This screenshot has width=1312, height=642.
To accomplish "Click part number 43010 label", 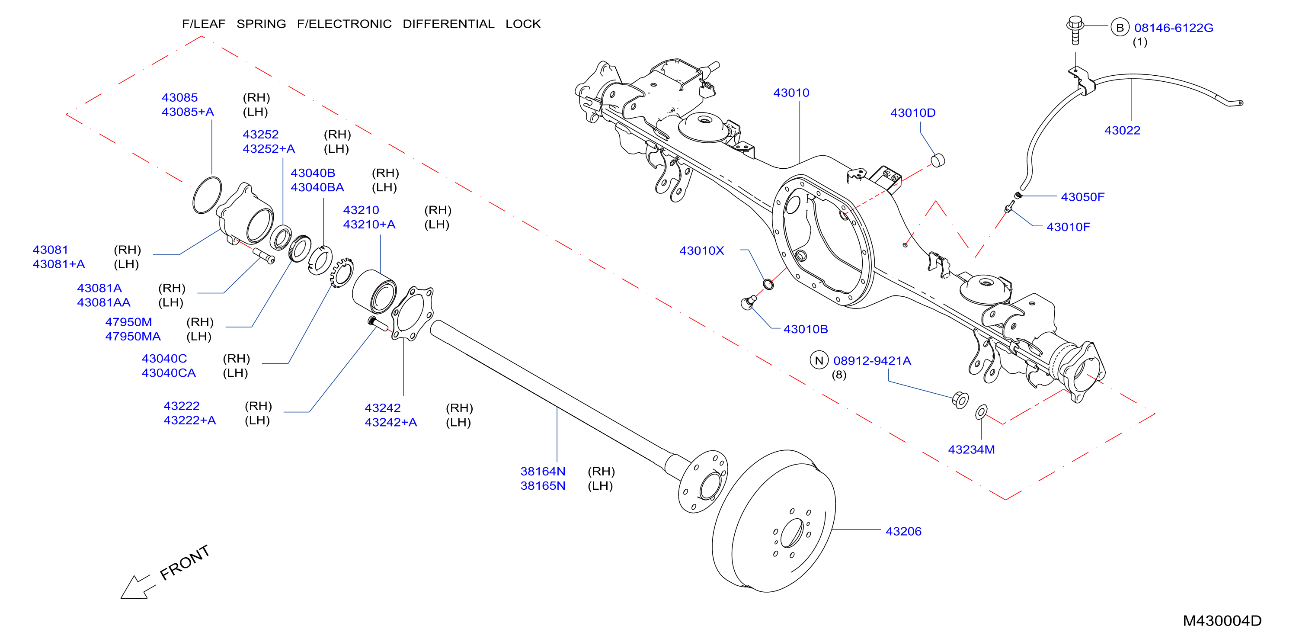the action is (x=791, y=93).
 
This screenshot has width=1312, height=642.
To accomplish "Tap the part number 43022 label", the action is (x=1122, y=131).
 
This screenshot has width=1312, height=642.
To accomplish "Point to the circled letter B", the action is (x=1120, y=28).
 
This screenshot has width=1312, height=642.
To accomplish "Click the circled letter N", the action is (x=819, y=360).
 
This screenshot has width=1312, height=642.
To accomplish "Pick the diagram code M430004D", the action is (x=1222, y=621).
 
